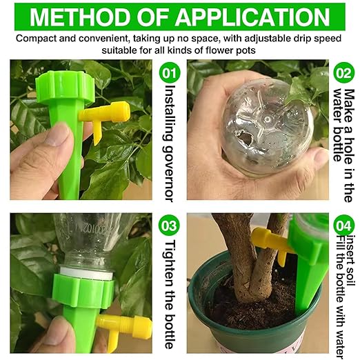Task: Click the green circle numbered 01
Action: coord(170,72)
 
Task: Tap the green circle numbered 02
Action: coord(343,72)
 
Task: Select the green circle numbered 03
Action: coord(170,226)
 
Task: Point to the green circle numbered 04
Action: coord(343,226)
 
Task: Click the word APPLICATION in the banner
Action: coord(254,17)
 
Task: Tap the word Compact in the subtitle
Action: coord(36,39)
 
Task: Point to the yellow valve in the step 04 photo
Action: coord(271,243)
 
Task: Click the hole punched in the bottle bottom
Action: coord(245,138)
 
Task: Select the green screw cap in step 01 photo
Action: coord(66,87)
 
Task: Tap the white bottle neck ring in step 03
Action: coord(86,272)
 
